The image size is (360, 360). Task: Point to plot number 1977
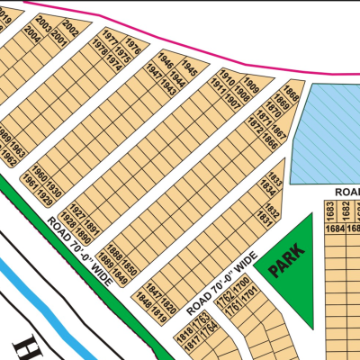pyautogui.click(x=111, y=40)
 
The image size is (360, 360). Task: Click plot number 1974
pyautogui.click(x=115, y=66)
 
